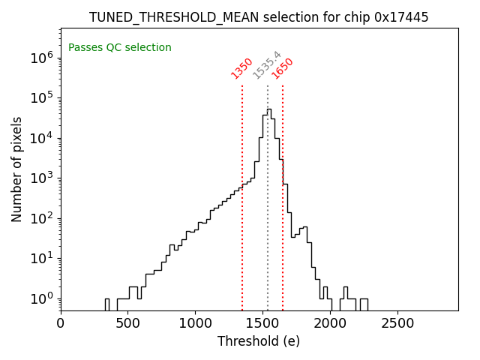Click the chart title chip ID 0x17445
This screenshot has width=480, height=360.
click(x=401, y=17)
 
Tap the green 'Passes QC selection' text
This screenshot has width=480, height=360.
click(x=120, y=48)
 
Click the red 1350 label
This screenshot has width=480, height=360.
click(x=241, y=68)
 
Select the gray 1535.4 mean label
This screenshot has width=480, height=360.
click(x=266, y=65)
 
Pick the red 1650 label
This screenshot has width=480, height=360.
click(x=283, y=68)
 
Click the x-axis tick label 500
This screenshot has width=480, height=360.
click(x=128, y=323)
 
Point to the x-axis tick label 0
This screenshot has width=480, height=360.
click(x=61, y=323)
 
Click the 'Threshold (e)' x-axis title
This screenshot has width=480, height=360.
click(x=259, y=341)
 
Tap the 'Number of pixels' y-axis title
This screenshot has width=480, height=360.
click(x=17, y=169)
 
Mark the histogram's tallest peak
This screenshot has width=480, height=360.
click(x=268, y=109)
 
